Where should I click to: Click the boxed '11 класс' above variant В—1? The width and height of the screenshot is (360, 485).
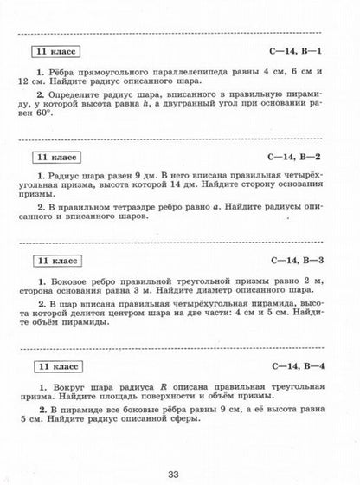pos(53,50)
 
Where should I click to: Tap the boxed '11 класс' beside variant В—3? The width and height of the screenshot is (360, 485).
pos(53,261)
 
